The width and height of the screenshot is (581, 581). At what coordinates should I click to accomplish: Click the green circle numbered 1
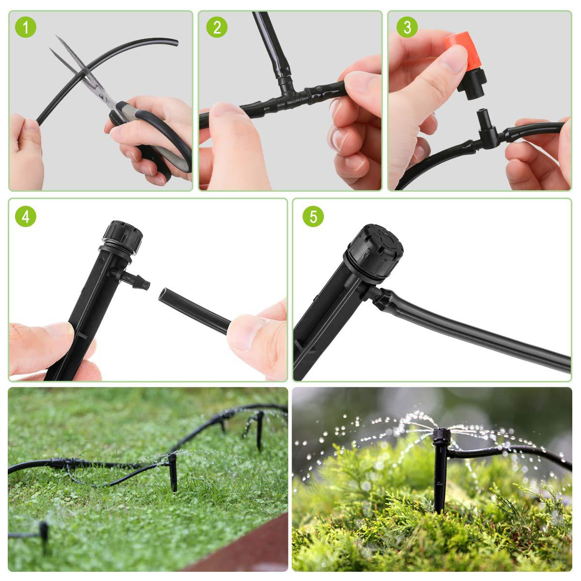point(26,28)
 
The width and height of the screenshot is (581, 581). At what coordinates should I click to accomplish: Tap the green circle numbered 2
point(216,28)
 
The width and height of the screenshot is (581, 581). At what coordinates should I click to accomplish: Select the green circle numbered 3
point(407,28)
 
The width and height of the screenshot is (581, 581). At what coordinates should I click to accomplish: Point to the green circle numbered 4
point(26,216)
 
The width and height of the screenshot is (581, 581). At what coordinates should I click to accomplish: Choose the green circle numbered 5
point(313,216)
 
